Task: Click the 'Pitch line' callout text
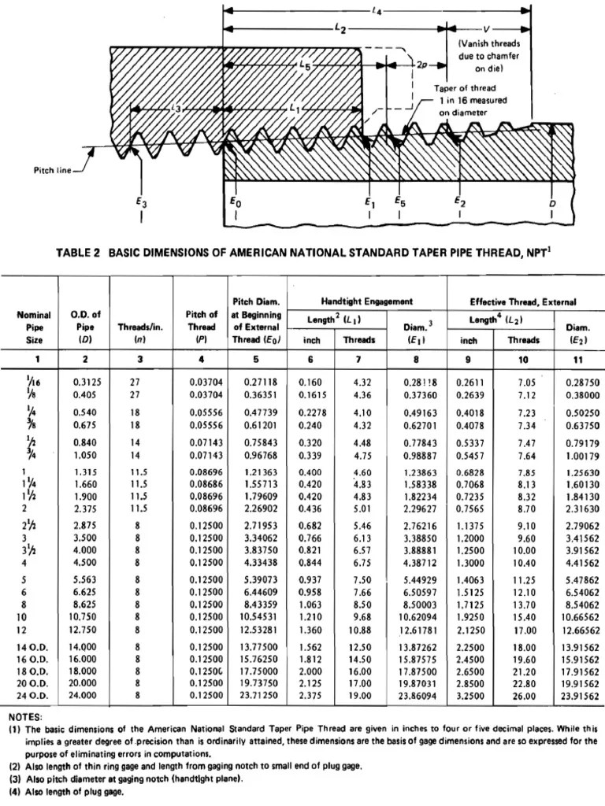coord(52,169)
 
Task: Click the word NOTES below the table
coord(25,718)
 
